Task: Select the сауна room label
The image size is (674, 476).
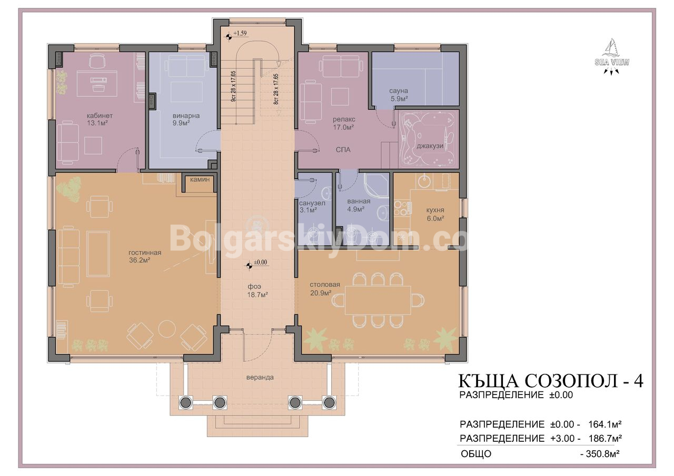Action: pos(399,91)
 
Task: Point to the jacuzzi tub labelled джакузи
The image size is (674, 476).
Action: pos(429,140)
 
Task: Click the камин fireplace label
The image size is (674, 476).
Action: pos(200,179)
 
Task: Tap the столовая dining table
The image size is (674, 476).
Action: pos(378,300)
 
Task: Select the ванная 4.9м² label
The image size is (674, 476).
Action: pos(359,205)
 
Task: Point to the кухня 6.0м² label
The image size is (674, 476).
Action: pos(435,214)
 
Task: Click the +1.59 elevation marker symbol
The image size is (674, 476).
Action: pos(229,37)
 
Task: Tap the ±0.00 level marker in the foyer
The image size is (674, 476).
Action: pos(249,266)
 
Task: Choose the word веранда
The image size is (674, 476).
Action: pos(260,377)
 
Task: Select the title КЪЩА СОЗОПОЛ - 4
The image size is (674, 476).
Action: pos(550,381)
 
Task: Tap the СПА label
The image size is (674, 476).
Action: pos(343,150)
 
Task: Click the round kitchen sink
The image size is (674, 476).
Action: pos(425,181)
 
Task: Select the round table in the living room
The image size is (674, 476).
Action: pos(167,329)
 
